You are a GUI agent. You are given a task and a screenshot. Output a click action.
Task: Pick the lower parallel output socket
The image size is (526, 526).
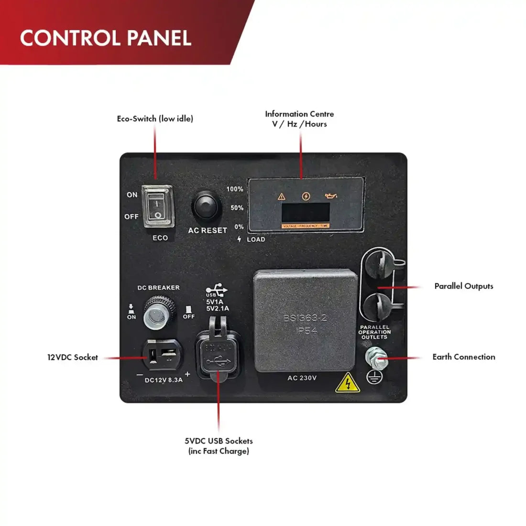378,307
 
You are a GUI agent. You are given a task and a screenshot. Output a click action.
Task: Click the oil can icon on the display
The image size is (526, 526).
330,196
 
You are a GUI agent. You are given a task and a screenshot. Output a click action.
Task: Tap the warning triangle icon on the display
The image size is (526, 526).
282,196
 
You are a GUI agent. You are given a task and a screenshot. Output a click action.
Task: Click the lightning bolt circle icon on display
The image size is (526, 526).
306,196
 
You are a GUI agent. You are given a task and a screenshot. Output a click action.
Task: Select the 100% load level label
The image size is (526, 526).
235,189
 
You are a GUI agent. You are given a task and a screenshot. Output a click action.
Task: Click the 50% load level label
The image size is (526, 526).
237,208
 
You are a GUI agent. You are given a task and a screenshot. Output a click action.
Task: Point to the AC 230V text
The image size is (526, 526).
302,378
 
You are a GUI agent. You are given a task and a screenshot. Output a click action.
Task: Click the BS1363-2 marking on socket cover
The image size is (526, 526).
305,318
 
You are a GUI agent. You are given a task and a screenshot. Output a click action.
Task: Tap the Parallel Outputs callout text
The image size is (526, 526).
463,286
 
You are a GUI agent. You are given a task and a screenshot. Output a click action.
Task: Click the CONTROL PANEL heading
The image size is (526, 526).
106,38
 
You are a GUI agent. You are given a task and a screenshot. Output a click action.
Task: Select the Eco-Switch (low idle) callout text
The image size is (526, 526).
155,119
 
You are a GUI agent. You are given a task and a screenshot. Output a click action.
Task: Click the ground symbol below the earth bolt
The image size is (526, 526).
373,378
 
